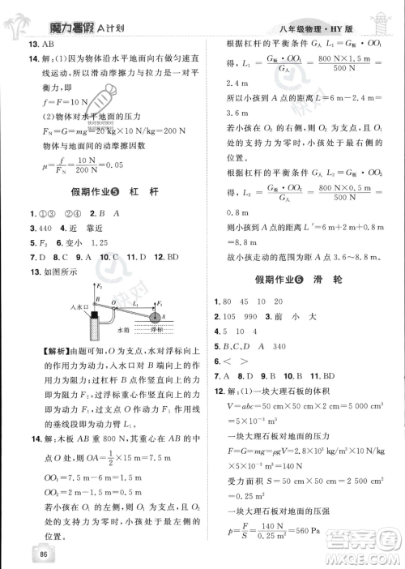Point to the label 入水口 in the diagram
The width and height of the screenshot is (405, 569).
tap(79, 307)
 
